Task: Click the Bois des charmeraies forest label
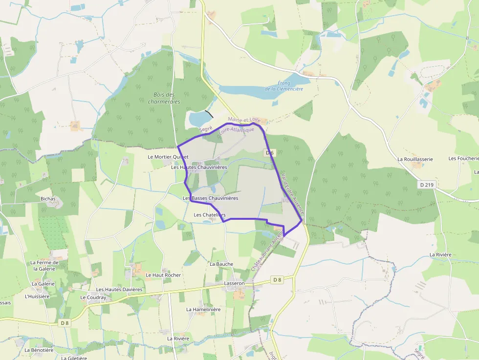coord(164,98)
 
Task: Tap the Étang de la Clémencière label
coord(284,86)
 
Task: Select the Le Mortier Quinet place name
coord(168,157)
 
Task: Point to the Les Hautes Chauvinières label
coord(199,167)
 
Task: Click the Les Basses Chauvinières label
coord(210,198)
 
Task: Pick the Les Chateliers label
coord(210,215)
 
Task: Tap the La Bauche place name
coord(221,264)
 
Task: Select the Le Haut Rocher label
coord(163,275)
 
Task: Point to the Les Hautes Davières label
coord(119,290)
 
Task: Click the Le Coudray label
coord(93,297)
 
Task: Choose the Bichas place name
coord(48,199)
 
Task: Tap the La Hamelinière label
coord(203,309)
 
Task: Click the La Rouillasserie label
coord(415,159)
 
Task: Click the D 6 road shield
coord(269,153)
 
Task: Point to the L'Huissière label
coord(37,296)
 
